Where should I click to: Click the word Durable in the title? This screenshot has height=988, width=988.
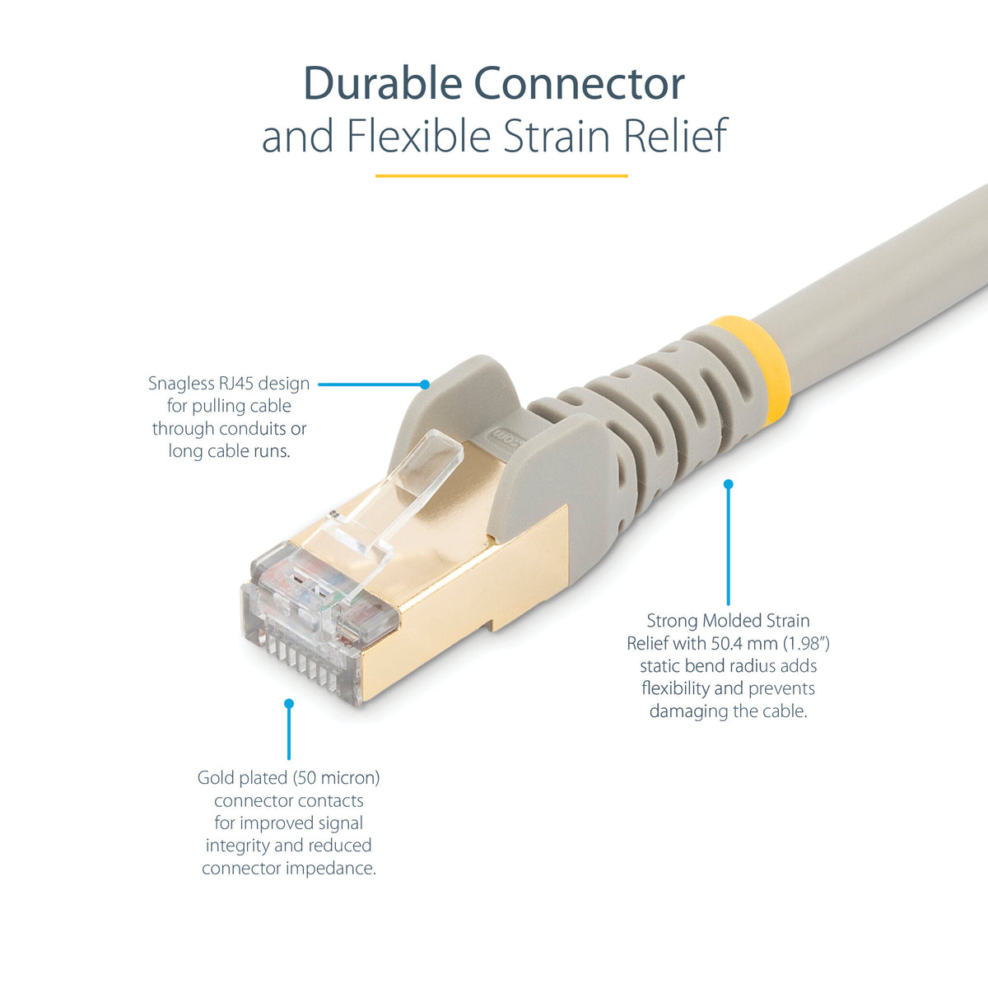pos(383,83)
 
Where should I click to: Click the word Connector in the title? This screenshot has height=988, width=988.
pos(580,83)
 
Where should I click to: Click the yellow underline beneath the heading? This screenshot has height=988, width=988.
pos(501,176)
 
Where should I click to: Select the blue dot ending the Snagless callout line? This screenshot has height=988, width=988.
pos(425,384)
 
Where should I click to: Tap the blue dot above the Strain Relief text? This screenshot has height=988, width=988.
pos(728,484)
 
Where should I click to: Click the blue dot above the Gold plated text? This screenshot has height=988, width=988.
pos(289,703)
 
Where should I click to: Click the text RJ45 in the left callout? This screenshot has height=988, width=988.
pos(235,384)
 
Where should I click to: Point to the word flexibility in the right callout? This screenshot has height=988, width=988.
pos(675,688)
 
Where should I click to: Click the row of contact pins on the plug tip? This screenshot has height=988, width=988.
pos(302,661)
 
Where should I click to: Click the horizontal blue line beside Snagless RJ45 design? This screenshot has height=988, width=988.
pos(370,384)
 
